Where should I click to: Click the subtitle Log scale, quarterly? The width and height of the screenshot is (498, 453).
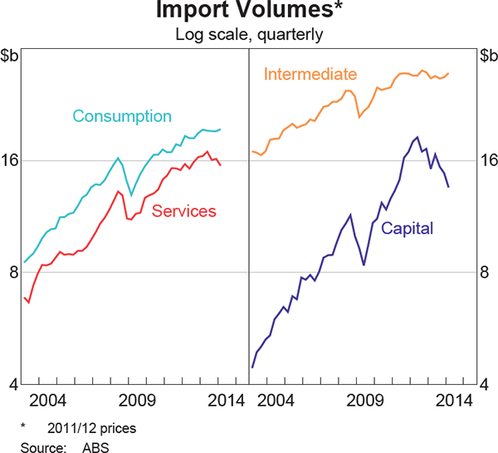pyautogui.click(x=249, y=35)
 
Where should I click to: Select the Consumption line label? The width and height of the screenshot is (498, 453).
pyautogui.click(x=122, y=116)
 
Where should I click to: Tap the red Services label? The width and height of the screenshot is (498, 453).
pyautogui.click(x=184, y=212)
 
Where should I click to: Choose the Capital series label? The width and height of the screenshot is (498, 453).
pyautogui.click(x=408, y=228)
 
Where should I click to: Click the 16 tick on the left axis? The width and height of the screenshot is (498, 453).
pyautogui.click(x=11, y=161)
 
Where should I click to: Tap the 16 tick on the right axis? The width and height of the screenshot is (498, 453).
pyautogui.click(x=488, y=161)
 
